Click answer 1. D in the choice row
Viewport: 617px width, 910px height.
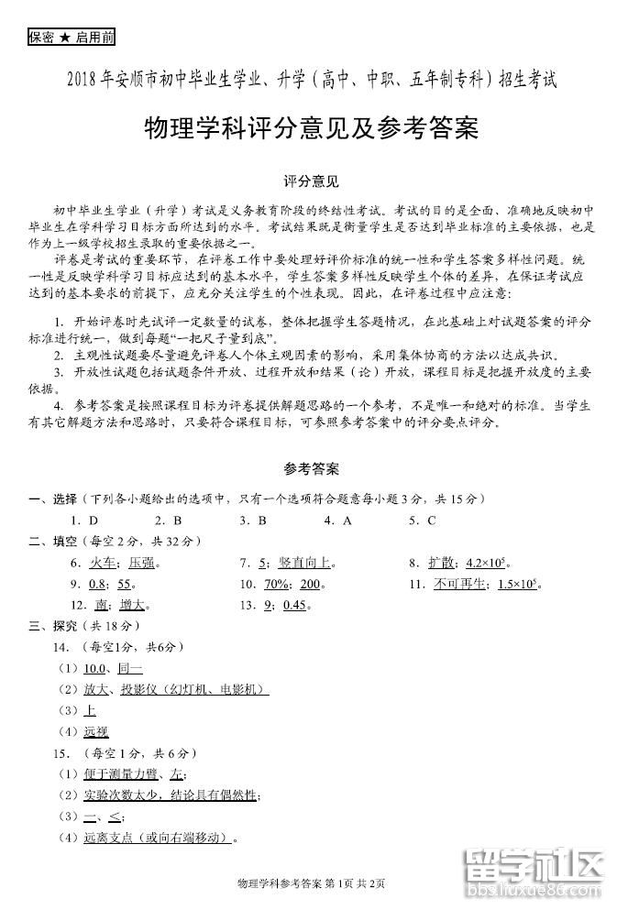88,520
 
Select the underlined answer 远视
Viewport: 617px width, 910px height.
95,730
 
